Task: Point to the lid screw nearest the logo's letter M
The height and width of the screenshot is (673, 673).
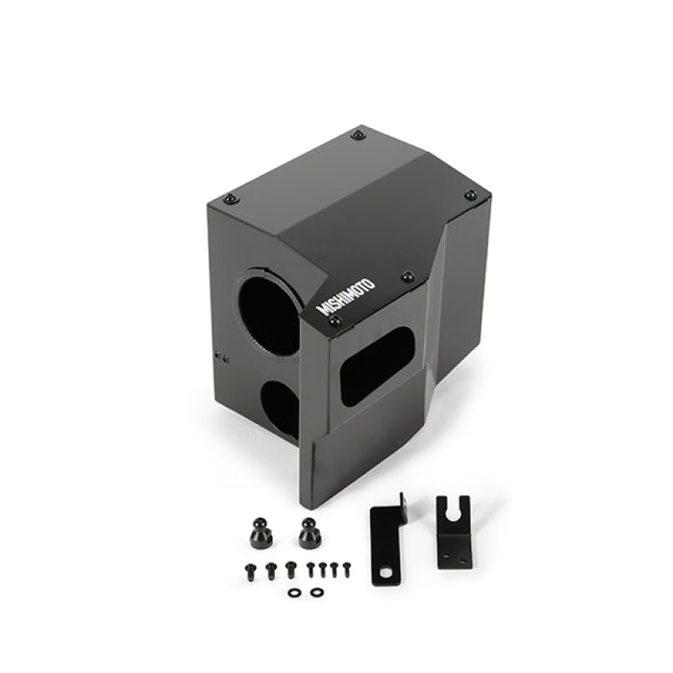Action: click(x=334, y=325)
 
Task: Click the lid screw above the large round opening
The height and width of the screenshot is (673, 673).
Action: click(x=229, y=199)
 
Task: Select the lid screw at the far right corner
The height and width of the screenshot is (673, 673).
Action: click(x=469, y=195)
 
